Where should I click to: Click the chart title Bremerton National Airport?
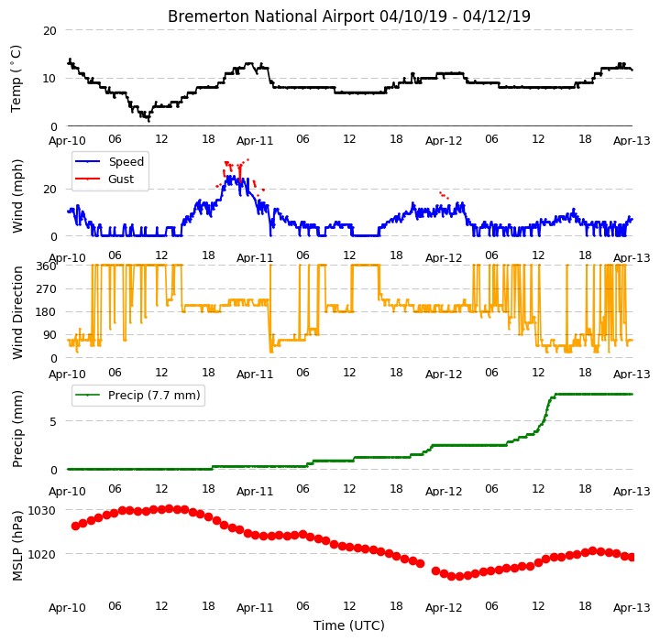click(270, 16)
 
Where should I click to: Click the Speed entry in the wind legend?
click(109, 161)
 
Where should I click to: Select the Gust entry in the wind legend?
click(104, 179)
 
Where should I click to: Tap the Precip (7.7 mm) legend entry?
click(137, 396)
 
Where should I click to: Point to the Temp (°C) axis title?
click(16, 79)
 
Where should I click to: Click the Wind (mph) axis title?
click(17, 196)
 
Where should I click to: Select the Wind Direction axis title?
click(17, 312)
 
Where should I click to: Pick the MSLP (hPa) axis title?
click(17, 546)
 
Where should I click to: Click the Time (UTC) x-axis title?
click(349, 625)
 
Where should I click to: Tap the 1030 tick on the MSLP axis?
click(41, 511)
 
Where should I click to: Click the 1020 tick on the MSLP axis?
click(41, 554)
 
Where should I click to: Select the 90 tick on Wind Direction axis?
click(49, 335)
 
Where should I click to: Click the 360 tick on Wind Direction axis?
click(46, 266)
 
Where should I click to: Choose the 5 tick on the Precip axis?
click(53, 422)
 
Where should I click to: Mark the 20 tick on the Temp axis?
click(49, 31)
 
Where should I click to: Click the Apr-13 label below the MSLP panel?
click(632, 608)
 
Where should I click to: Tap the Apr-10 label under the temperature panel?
click(67, 140)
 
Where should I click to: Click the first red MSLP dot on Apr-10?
click(76, 526)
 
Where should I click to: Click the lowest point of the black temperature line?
click(149, 121)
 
